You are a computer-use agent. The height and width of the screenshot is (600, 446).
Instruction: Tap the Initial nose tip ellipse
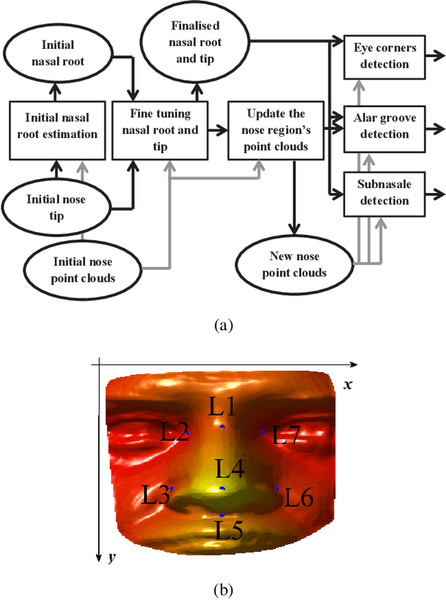coord(56,207)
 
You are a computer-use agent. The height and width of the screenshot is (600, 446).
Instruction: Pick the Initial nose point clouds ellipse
coord(83,268)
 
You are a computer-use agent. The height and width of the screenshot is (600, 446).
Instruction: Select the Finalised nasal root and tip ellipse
coord(196,43)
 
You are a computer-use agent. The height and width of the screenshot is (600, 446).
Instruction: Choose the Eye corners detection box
coord(384,56)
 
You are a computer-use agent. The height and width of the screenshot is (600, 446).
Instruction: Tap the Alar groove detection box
coord(384,127)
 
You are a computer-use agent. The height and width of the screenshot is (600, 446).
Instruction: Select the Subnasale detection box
coord(384,193)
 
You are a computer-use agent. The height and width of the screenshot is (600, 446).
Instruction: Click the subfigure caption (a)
coord(222,325)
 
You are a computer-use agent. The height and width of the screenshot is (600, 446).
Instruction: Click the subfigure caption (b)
coord(222,589)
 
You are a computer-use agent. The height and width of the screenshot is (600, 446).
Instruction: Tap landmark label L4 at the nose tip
coord(229,468)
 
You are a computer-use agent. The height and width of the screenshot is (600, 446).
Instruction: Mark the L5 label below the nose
coord(228,531)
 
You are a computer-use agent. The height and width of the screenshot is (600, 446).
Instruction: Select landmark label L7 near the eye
coord(286,437)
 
